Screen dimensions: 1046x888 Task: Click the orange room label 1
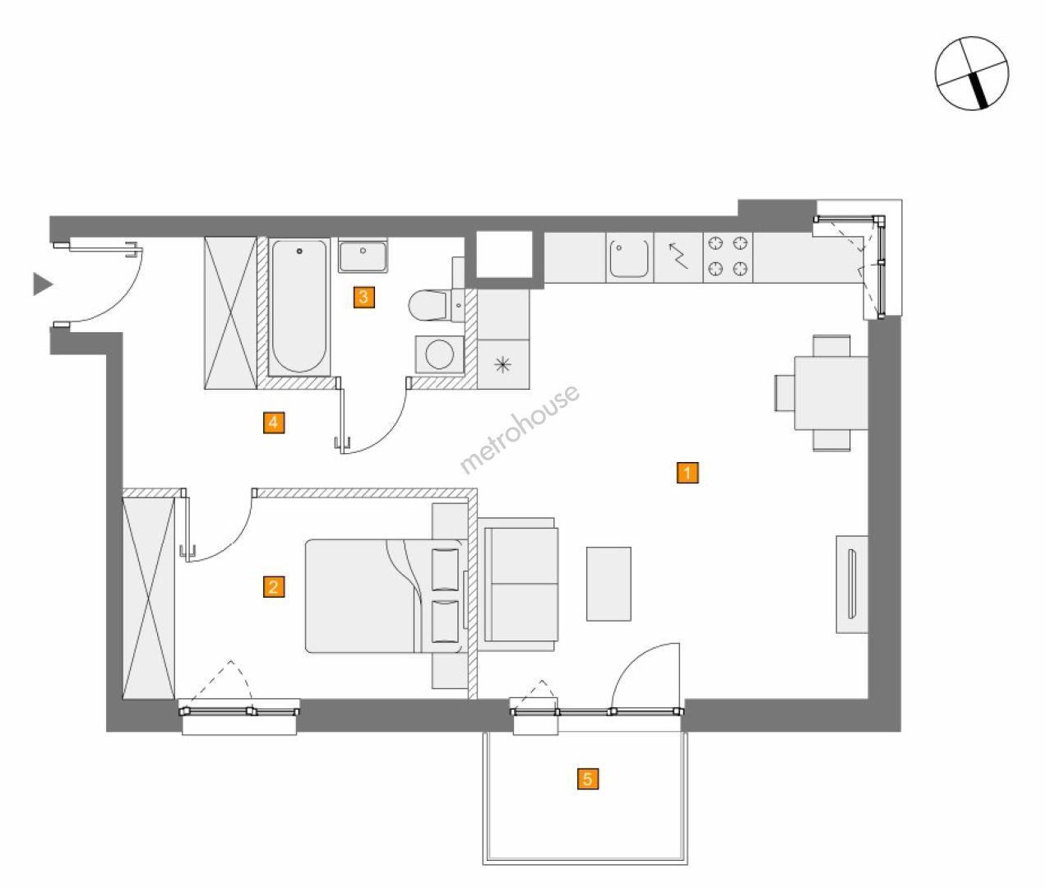coord(687,473)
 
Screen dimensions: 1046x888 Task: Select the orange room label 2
coord(273,587)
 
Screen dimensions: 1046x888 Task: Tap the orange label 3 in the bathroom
coord(363,297)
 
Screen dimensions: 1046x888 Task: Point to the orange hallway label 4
coord(273,423)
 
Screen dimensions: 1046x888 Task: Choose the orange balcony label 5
coord(587,779)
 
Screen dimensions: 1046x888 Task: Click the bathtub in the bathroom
coord(299,307)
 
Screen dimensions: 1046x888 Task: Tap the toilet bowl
coord(429,305)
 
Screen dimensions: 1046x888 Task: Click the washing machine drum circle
coord(439,354)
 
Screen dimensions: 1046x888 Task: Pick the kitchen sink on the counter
coord(629,258)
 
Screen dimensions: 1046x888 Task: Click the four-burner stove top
coord(728,257)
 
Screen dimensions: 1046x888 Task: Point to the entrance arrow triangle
coord(43,284)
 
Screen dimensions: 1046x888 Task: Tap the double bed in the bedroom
coord(386,596)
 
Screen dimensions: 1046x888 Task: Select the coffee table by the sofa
coord(609,584)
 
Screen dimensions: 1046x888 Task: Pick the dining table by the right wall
coord(831,393)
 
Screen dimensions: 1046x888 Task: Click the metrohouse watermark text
coord(519,429)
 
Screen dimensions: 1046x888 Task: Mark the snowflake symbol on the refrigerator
coord(502,364)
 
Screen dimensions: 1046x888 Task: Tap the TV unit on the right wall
coord(852,584)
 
